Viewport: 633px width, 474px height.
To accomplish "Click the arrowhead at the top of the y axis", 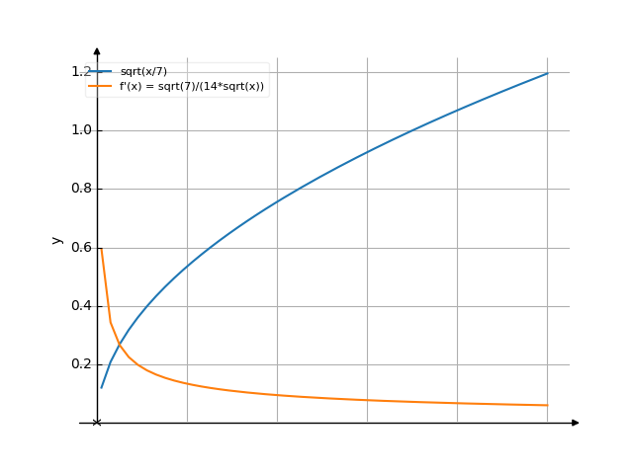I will point(97,49).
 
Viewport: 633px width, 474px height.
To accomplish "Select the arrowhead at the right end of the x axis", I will point(576,423).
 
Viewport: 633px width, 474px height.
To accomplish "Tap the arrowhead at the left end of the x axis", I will point(82,423).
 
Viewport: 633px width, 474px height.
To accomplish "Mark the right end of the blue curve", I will point(547,73).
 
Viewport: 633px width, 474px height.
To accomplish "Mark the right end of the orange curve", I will point(547,406).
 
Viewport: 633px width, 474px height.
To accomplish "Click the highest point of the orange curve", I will point(101,249).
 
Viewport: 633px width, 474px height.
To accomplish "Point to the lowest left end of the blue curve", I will point(101,388).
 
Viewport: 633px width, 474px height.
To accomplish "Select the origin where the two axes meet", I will point(97,423).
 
